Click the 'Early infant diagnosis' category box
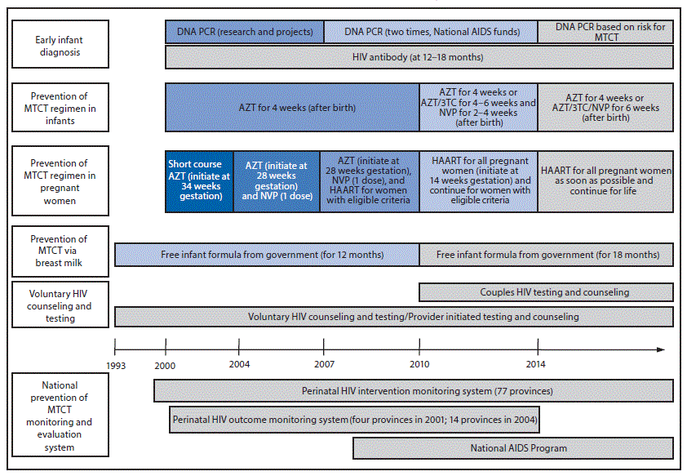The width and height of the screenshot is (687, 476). point(58,46)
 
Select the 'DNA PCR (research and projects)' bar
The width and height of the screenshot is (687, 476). point(245,32)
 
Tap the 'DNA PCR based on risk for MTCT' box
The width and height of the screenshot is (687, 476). point(605,32)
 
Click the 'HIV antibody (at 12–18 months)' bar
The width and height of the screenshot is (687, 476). point(419,57)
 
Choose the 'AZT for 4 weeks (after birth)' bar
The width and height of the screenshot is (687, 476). point(292,107)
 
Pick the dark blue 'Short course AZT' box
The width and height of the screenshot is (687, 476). point(199,181)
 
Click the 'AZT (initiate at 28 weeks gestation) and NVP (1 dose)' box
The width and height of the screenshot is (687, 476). point(277,181)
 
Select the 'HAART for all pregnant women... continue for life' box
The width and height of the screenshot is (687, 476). point(605,181)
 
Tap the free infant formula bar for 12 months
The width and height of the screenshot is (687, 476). point(267,255)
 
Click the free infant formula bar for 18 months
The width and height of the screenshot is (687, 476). point(547,255)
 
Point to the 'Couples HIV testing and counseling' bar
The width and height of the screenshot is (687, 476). point(547,292)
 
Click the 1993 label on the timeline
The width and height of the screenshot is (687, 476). point(115,365)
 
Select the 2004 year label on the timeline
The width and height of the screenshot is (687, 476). point(239,365)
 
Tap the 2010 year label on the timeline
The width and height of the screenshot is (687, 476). point(419,365)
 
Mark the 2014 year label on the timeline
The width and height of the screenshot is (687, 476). point(536,365)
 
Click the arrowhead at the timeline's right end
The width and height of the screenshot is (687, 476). point(661,350)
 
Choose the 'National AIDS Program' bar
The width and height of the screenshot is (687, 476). point(513,448)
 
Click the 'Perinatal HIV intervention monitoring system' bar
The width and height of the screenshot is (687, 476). point(414,391)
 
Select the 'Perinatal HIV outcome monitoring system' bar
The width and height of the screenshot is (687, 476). point(354,420)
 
